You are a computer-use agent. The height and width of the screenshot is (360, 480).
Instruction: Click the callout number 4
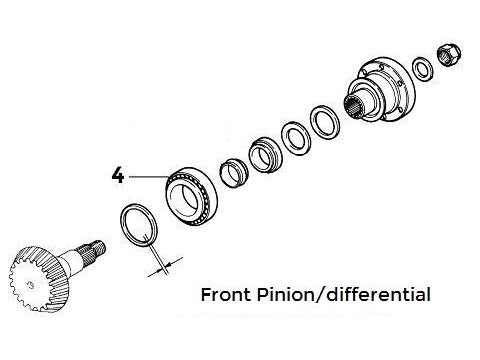click(x=118, y=176)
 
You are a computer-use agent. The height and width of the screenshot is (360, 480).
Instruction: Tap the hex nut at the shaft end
click(x=449, y=55)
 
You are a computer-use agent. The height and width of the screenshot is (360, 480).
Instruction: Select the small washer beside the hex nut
click(x=423, y=69)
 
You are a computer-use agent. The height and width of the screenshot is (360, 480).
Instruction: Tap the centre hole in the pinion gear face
click(x=31, y=285)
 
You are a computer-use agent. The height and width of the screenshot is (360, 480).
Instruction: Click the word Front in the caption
click(x=226, y=295)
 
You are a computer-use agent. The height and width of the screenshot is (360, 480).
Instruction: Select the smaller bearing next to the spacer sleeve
click(x=265, y=155)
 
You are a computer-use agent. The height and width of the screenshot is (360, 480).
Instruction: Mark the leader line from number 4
click(x=149, y=177)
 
